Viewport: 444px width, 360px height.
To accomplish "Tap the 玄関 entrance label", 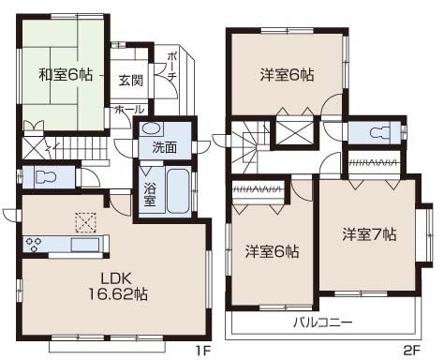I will click(x=130, y=81).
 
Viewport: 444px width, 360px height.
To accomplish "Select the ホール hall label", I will click(x=124, y=110).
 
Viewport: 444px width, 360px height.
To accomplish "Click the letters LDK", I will click(x=117, y=277).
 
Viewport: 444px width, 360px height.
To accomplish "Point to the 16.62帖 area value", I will click(x=117, y=293).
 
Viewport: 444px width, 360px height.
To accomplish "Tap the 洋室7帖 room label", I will click(x=369, y=233).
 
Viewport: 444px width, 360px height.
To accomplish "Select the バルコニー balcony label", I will click(x=321, y=322).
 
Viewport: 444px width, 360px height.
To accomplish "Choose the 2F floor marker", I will click(x=410, y=352).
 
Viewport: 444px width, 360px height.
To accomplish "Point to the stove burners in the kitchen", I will click(x=35, y=246).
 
